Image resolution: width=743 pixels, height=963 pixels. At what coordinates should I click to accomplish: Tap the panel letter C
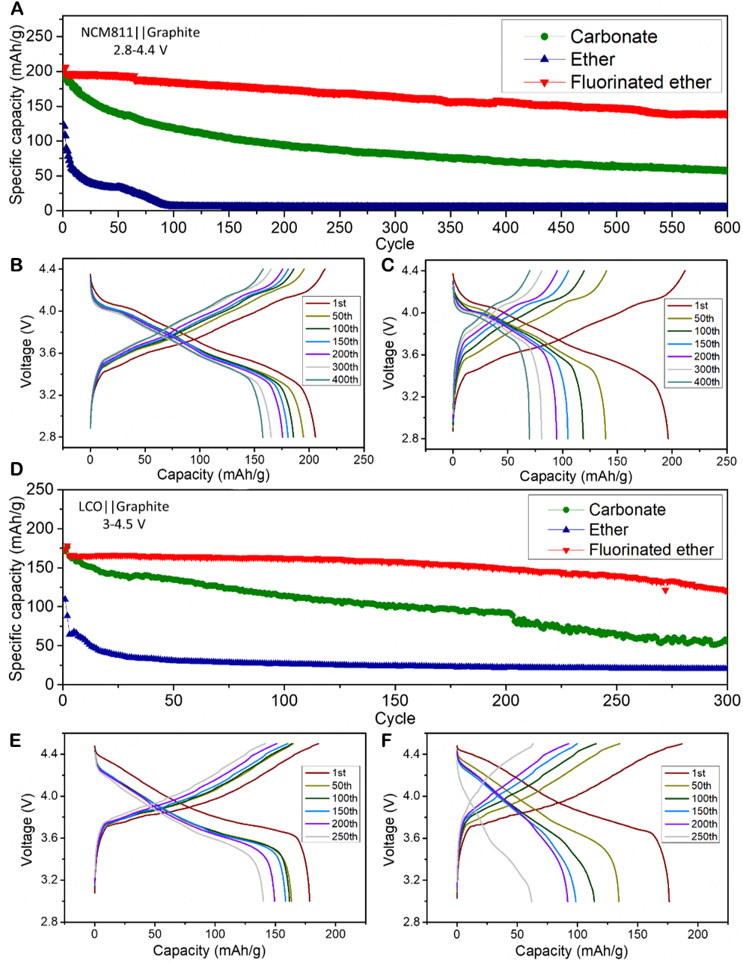(x=387, y=265)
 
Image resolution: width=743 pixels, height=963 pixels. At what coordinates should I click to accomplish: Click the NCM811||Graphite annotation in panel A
(x=141, y=32)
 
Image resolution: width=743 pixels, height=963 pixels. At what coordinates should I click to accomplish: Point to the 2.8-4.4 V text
(x=141, y=50)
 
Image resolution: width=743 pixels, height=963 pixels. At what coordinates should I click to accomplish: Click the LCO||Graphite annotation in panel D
(x=124, y=506)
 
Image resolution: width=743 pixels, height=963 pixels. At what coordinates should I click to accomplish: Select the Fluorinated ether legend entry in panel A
(x=640, y=82)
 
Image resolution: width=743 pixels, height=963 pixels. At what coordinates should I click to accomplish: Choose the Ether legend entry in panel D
(x=608, y=529)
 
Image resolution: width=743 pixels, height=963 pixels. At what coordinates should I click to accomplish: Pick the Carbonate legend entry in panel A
(x=613, y=37)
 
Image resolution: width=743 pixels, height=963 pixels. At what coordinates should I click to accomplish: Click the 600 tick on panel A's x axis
(x=727, y=227)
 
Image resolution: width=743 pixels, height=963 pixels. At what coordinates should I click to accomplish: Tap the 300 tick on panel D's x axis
(x=727, y=701)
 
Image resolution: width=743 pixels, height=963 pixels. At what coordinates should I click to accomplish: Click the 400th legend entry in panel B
(x=345, y=380)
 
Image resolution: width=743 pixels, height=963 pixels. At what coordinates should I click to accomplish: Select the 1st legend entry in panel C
(x=701, y=305)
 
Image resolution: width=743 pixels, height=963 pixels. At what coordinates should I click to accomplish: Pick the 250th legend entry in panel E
(x=344, y=837)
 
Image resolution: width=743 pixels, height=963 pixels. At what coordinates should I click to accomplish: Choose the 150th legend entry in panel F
(x=704, y=811)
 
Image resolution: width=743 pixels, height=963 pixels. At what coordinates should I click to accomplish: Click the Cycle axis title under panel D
(x=394, y=719)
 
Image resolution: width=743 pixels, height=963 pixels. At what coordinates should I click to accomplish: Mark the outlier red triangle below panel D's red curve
(x=665, y=591)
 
